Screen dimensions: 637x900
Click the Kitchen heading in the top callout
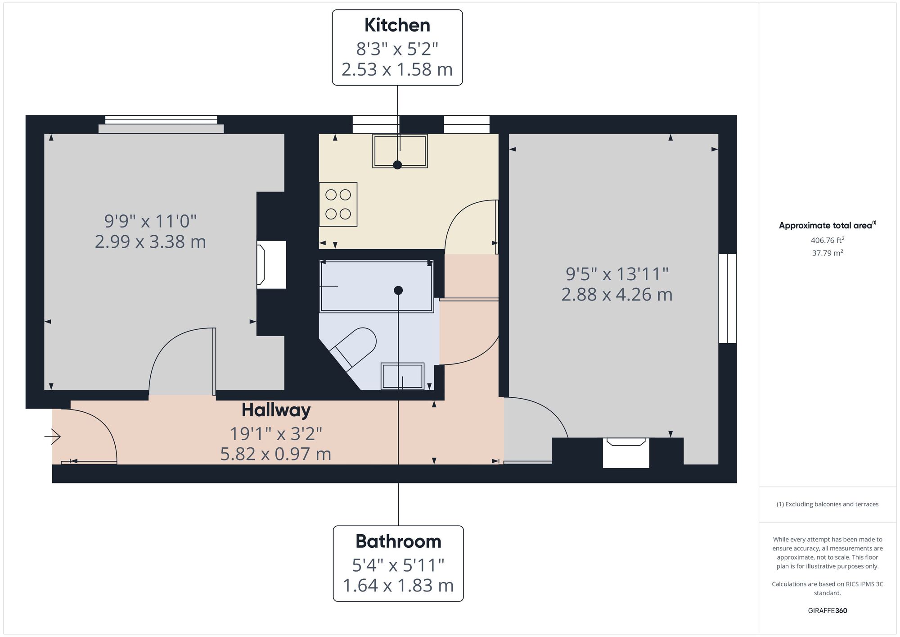397,25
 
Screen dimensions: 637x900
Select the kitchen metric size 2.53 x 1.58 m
397,69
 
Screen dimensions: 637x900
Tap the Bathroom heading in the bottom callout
398,541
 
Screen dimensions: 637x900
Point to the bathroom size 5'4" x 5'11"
398,565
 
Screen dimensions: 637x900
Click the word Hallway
276,410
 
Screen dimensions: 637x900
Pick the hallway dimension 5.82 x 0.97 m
275,454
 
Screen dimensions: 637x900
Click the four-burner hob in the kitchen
338,204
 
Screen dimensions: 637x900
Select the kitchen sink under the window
400,151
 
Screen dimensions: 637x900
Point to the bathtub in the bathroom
376,286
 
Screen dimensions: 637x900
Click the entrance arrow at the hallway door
53,436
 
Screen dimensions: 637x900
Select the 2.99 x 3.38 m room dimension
150,242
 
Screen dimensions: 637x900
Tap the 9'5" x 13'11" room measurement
617,273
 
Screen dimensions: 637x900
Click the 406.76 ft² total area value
827,240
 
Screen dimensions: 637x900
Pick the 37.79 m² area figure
827,253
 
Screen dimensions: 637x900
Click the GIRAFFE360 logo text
827,611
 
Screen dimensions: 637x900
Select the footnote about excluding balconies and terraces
827,504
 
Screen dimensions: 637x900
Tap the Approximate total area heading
827,225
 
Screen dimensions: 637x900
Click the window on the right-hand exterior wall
727,298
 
